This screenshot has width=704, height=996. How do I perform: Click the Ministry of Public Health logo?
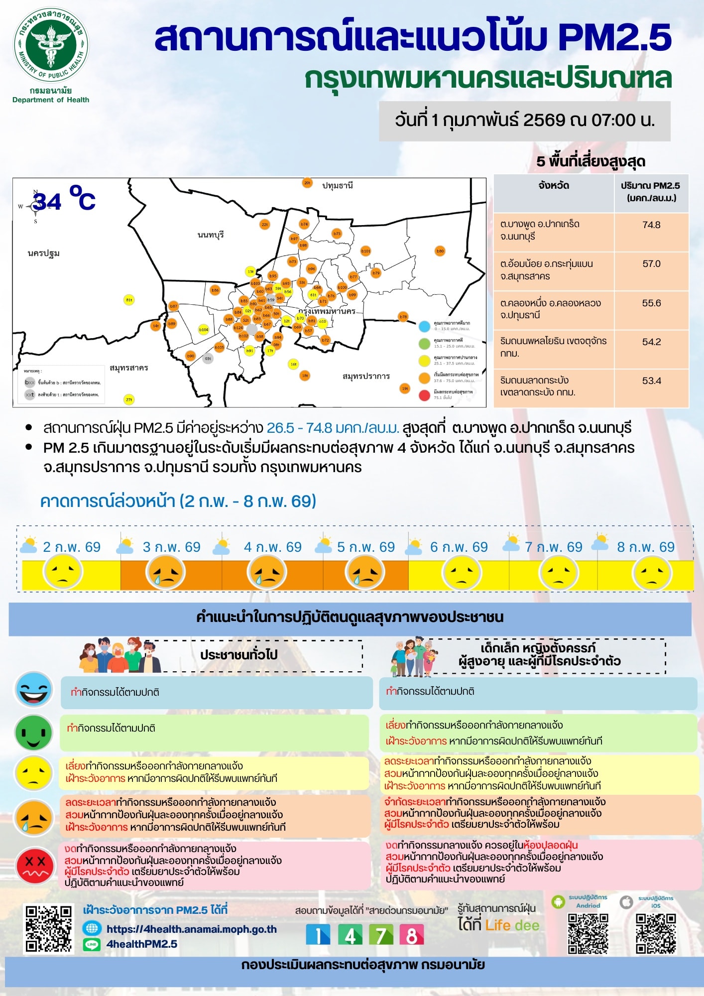[x=51, y=45]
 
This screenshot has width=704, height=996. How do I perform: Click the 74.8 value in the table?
[x=651, y=225]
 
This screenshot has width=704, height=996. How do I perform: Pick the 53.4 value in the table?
[x=651, y=381]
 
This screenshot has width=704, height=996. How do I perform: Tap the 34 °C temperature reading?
[x=64, y=199]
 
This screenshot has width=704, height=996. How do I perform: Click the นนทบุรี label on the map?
[x=211, y=235]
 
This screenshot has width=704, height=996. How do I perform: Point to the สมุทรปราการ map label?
[x=366, y=376]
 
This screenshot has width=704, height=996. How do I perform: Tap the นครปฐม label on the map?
[x=44, y=253]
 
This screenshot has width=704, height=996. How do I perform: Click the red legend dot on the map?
[x=424, y=395]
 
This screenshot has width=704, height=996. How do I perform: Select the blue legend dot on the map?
[x=424, y=326]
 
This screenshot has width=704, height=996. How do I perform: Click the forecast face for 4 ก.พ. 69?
[x=267, y=573]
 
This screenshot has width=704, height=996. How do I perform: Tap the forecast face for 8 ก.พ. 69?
[x=652, y=573]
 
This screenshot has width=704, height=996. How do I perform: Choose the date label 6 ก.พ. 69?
[x=459, y=547]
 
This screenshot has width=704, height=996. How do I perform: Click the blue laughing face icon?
[x=34, y=690]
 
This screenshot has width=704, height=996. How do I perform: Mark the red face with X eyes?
[x=34, y=866]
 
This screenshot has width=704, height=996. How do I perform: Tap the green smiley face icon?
[x=34, y=733]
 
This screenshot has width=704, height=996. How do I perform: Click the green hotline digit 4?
[x=350, y=935]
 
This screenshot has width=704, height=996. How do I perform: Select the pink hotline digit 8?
[x=411, y=935]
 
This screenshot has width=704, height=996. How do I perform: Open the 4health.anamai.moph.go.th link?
[x=191, y=929]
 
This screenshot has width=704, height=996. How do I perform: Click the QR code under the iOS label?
[x=656, y=933]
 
